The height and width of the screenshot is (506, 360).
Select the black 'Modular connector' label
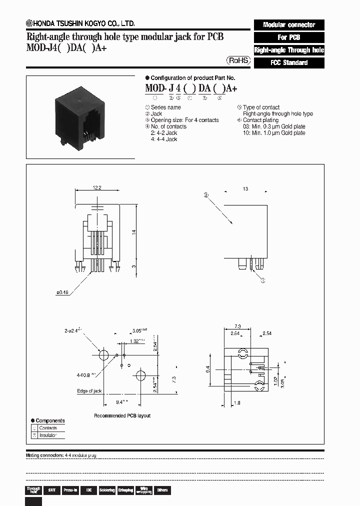tap(289, 24)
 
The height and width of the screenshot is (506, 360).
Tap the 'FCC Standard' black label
tap(289, 63)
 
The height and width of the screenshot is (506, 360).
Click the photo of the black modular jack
tap(80, 118)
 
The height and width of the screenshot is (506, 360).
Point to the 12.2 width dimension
tap(96, 187)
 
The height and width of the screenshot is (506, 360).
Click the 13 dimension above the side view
tap(245, 189)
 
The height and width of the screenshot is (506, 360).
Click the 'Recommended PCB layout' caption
tap(122, 415)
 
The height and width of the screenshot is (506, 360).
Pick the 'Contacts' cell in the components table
tap(48, 428)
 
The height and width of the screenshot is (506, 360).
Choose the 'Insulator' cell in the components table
tap(48, 435)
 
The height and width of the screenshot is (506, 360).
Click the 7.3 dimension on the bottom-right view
tap(238, 326)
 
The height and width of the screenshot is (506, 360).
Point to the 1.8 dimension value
tap(237, 402)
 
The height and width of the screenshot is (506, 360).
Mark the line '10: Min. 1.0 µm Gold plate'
tap(273, 133)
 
